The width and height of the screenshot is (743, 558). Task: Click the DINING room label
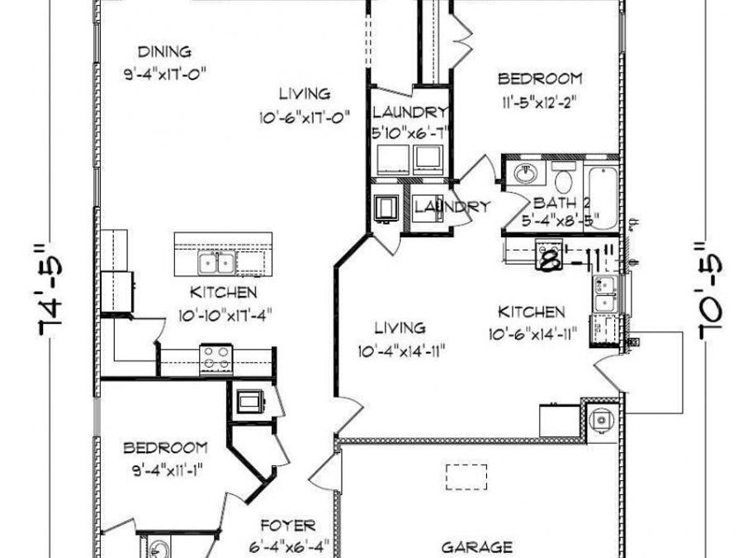(164, 51)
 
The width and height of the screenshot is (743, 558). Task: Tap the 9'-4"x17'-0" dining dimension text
(165, 74)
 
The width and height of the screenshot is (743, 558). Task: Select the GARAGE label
(476, 547)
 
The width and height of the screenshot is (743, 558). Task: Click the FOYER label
(289, 526)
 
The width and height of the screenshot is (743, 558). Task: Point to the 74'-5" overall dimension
(50, 289)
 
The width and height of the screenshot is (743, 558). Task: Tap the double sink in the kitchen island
(216, 262)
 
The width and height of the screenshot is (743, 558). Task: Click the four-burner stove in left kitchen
(216, 358)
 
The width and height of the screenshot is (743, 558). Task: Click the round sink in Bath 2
(525, 174)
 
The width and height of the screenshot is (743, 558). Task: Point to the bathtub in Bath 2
(601, 198)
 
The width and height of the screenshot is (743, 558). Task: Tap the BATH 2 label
(562, 203)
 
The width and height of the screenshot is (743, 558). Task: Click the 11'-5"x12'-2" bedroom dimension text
(540, 102)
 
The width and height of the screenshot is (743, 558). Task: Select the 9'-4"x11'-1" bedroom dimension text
(168, 470)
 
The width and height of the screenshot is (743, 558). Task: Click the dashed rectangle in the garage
(466, 477)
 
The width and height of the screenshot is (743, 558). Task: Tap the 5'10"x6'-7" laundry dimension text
(409, 133)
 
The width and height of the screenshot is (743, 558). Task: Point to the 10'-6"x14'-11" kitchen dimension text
(532, 335)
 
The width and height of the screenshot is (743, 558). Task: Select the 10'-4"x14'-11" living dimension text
(401, 351)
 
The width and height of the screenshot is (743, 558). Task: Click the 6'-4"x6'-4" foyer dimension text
(289, 547)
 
